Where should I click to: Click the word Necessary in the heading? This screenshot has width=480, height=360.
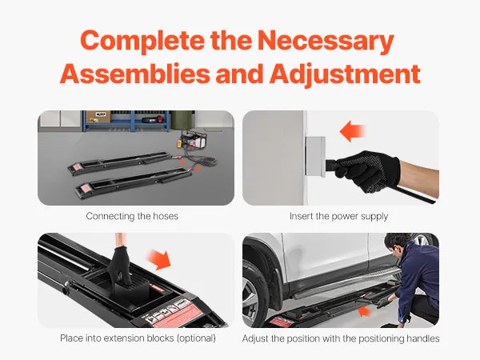[x=326, y=41]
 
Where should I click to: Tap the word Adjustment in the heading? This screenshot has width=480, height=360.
[x=345, y=74]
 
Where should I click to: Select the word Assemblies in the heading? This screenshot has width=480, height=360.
[x=135, y=74]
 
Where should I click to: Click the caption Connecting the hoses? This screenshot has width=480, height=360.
[x=132, y=216]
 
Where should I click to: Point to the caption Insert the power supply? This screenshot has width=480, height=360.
[x=339, y=217]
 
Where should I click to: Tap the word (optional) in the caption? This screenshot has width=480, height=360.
[x=196, y=338]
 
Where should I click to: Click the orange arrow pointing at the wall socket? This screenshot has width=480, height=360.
[x=352, y=132]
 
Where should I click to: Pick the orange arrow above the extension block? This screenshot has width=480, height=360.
[x=158, y=259]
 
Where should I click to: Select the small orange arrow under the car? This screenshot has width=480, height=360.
[x=364, y=312]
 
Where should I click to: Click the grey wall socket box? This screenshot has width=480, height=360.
[x=315, y=157]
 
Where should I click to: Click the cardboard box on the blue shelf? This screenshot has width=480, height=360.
[x=98, y=117]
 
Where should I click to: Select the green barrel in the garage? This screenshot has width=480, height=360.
[x=182, y=120]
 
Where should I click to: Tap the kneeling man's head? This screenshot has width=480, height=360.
[x=397, y=244]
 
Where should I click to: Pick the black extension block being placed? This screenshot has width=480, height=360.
[x=130, y=290]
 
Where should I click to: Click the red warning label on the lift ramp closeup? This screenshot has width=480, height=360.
[x=175, y=315]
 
